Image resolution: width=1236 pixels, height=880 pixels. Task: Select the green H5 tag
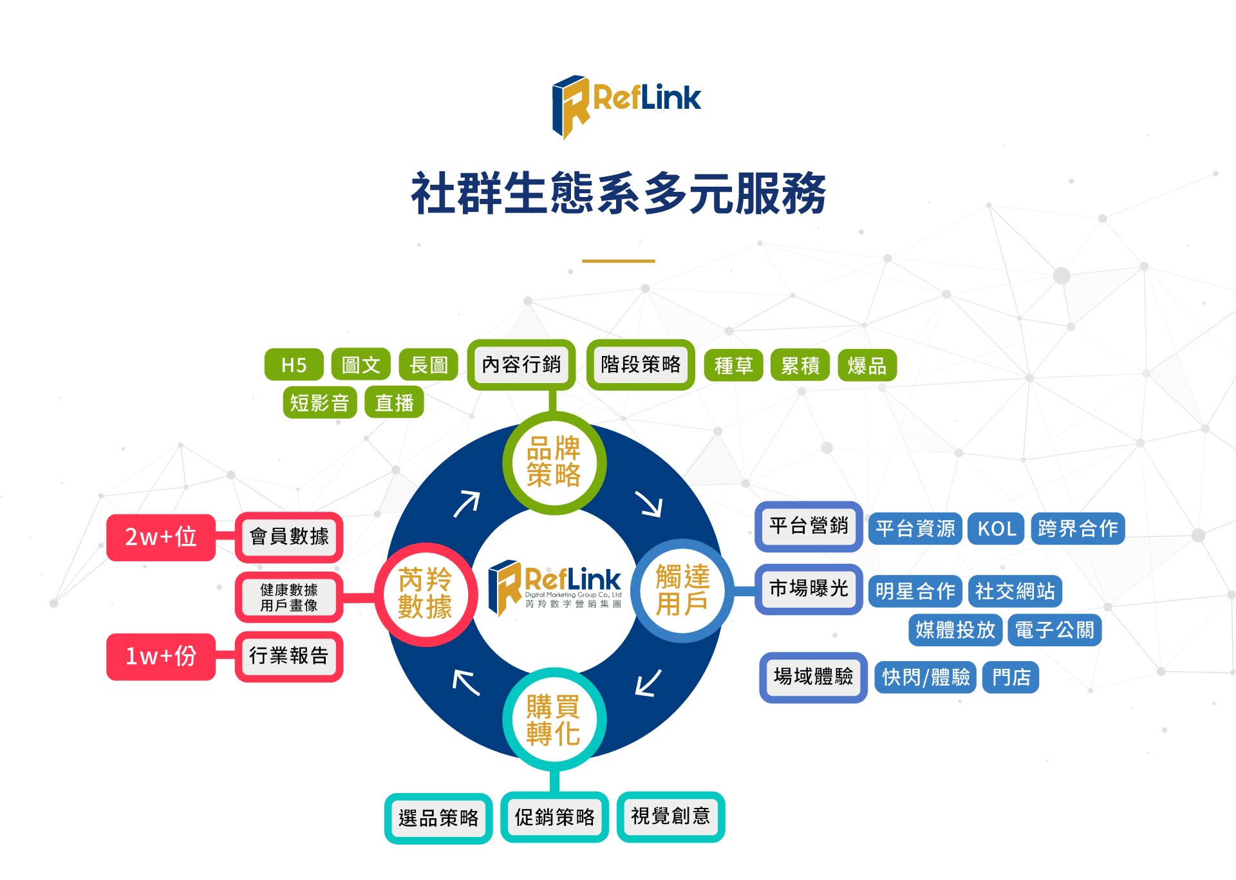(294, 365)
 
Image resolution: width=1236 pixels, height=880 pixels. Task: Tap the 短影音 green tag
(319, 403)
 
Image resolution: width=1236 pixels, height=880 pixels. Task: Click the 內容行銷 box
(521, 364)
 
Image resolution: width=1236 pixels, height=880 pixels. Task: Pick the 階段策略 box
(641, 364)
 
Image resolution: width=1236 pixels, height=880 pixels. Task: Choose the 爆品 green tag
(866, 366)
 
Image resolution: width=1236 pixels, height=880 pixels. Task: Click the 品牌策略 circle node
(554, 462)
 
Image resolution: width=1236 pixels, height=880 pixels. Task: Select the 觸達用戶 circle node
(682, 590)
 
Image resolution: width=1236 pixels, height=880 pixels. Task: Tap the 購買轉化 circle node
(554, 720)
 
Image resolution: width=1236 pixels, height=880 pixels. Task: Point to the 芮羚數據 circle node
(425, 593)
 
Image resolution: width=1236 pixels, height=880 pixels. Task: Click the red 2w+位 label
(161, 537)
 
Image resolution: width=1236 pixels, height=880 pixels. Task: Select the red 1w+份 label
(161, 656)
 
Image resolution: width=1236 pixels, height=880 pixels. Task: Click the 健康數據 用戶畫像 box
(289, 597)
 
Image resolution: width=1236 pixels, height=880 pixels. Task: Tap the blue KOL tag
(997, 529)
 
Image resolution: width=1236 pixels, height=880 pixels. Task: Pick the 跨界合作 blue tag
(1078, 529)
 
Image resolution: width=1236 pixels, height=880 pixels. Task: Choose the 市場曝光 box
(809, 588)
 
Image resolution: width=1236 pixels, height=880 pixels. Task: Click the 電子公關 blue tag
(1054, 630)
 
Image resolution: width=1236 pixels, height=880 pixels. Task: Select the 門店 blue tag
(1011, 677)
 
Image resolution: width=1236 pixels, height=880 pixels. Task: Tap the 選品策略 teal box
(438, 818)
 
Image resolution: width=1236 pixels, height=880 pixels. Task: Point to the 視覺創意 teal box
(670, 816)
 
